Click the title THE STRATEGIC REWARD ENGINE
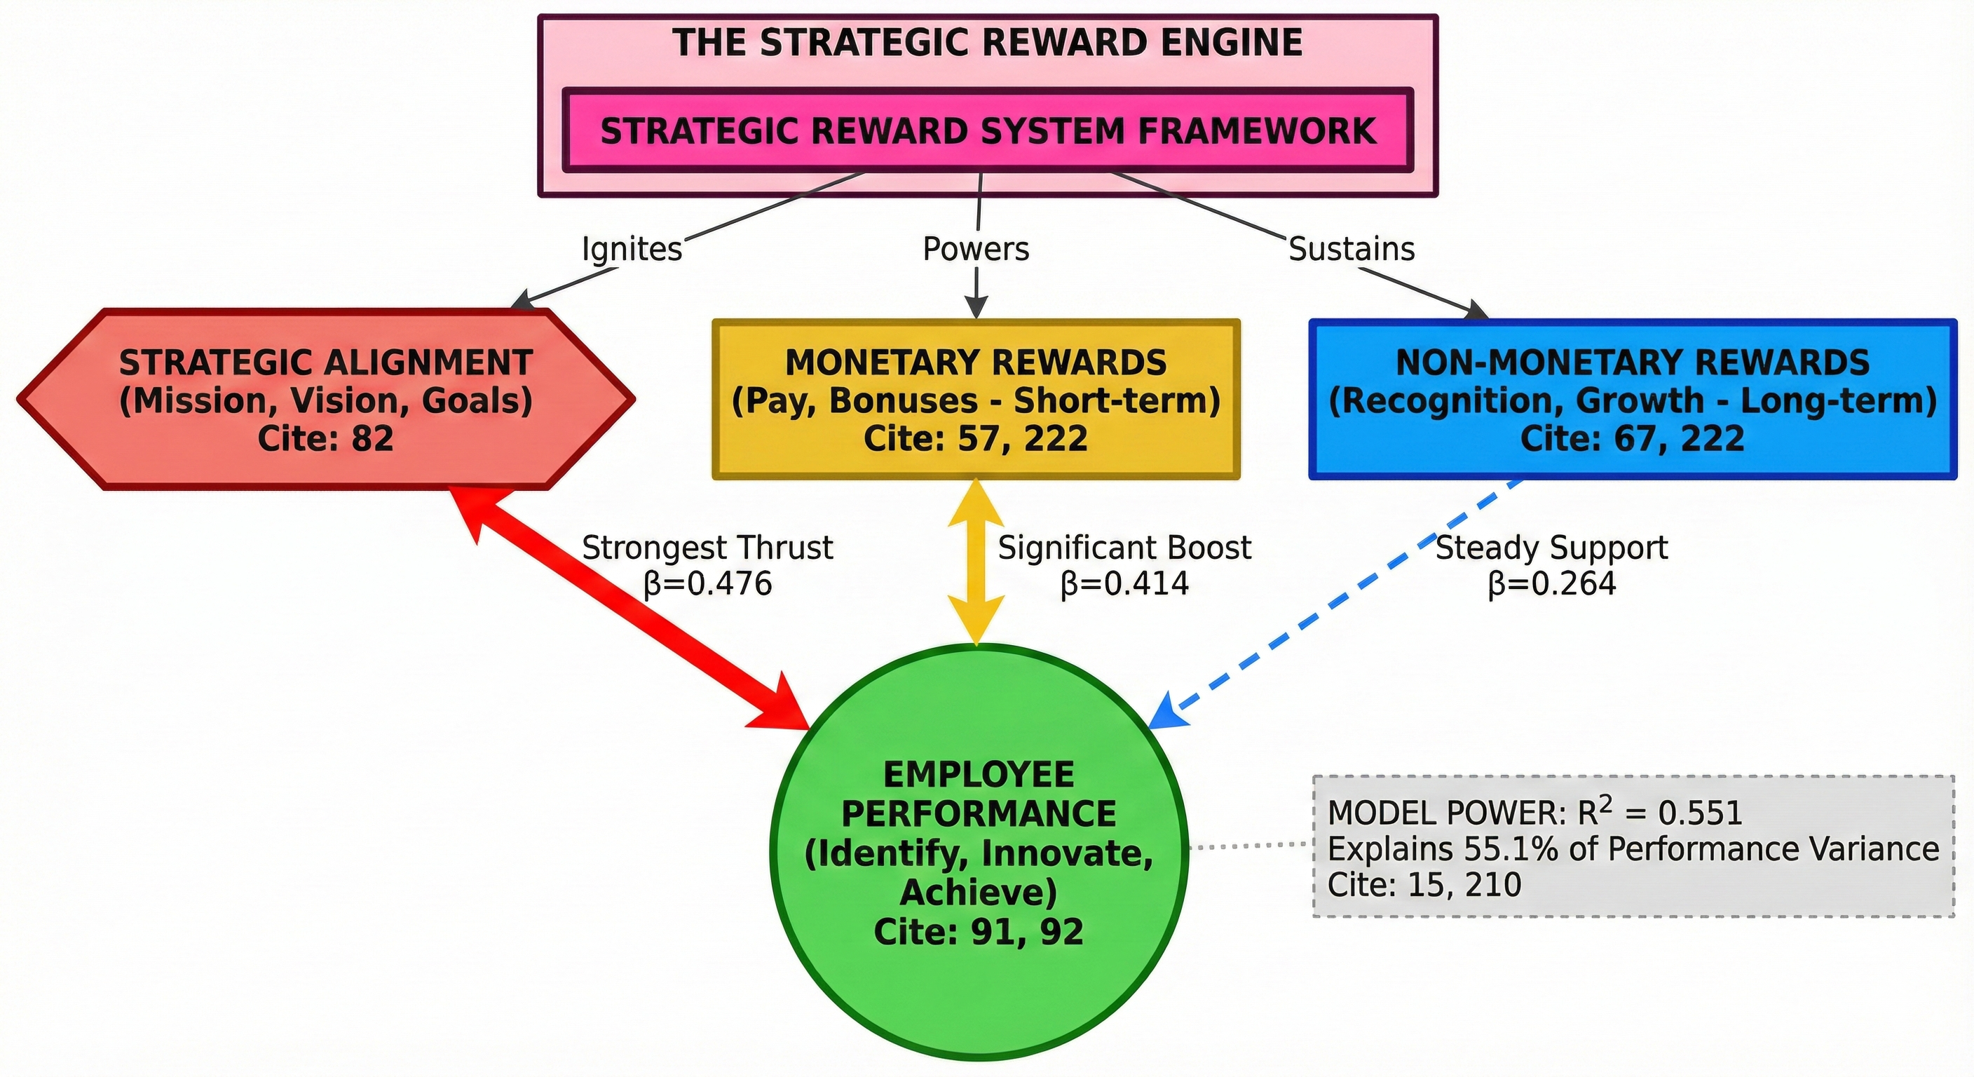point(987,43)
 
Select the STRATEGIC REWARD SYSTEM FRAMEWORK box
point(987,131)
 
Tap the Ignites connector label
point(632,249)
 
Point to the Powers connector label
point(976,249)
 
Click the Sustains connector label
point(1351,249)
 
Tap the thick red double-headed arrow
point(628,606)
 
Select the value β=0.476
point(707,584)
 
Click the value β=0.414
point(1124,584)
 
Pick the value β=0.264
point(1552,584)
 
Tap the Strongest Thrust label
point(707,548)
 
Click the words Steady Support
point(1552,548)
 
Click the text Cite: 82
point(326,438)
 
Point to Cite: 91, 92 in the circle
point(979,931)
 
